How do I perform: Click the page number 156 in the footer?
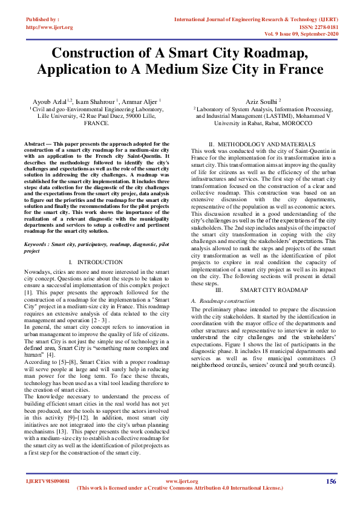[x=330, y=481]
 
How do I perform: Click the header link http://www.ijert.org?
[x=50, y=27]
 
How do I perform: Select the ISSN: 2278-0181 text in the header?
[x=318, y=27]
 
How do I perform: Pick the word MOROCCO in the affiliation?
[x=296, y=123]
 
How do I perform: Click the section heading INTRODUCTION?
[x=101, y=262]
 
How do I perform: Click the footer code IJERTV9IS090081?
[x=48, y=481]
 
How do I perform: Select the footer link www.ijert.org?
[x=182, y=481]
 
